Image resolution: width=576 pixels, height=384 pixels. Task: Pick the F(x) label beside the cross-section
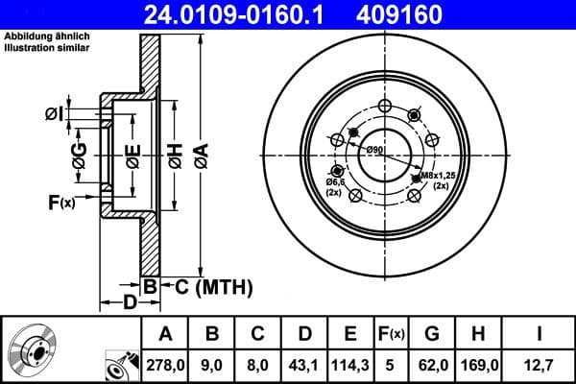[60, 203]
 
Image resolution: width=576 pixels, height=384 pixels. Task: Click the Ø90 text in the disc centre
[374, 151]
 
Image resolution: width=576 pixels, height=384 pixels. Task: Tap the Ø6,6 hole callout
[334, 181]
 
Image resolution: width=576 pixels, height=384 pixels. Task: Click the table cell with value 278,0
[166, 364]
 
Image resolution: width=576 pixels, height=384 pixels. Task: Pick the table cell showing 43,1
[304, 364]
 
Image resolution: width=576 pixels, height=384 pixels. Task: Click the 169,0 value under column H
[477, 364]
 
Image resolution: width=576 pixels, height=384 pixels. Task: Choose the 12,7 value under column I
[540, 364]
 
